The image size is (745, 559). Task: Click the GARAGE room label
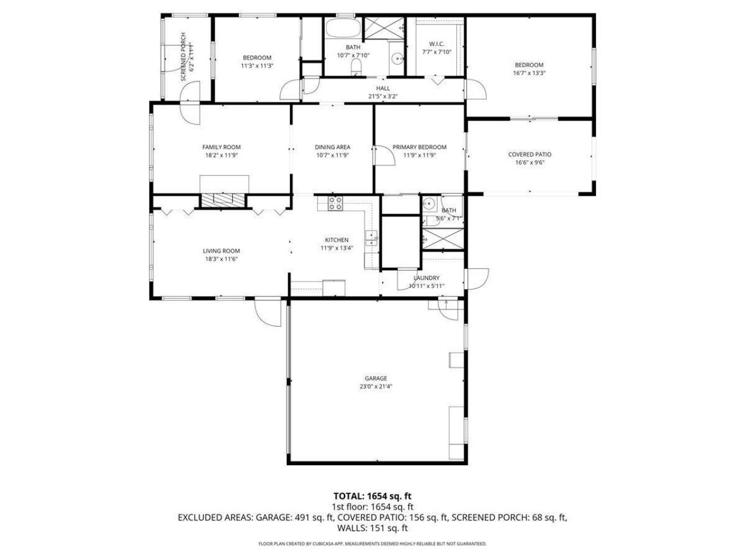pyautogui.click(x=375, y=378)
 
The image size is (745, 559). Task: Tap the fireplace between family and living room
pyautogui.click(x=224, y=200)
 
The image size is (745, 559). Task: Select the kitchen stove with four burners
pyautogui.click(x=336, y=203)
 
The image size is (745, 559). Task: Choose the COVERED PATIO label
pyautogui.click(x=529, y=154)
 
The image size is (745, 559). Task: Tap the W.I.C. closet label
pyautogui.click(x=437, y=44)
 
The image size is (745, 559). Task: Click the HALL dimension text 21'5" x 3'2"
pyautogui.click(x=382, y=96)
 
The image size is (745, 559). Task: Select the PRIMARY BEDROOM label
pyautogui.click(x=419, y=147)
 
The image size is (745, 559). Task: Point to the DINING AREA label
pyautogui.click(x=332, y=147)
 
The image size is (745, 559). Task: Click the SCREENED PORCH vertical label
pyautogui.click(x=184, y=56)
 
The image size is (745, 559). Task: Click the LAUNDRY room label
pyautogui.click(x=426, y=278)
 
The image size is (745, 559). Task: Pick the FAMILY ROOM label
pyautogui.click(x=221, y=147)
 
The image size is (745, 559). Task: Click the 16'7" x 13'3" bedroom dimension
pyautogui.click(x=528, y=73)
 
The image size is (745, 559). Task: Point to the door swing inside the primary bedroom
pyautogui.click(x=382, y=154)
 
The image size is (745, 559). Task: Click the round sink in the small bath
pyautogui.click(x=430, y=203)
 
